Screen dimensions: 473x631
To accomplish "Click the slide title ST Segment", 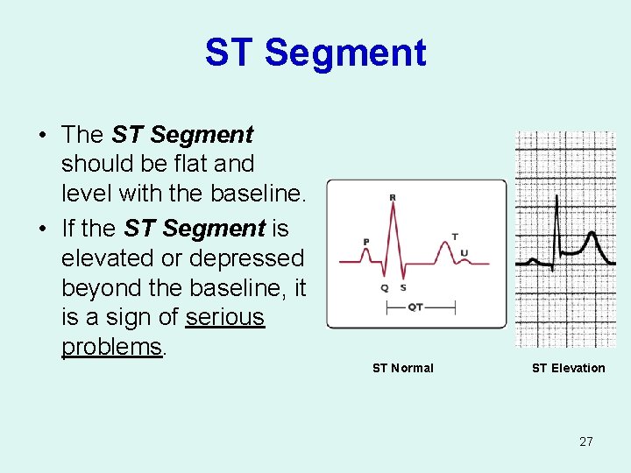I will pyautogui.click(x=315, y=53).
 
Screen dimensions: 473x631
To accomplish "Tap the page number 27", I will pyautogui.click(x=585, y=441).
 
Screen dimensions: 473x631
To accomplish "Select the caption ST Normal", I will pyautogui.click(x=402, y=368).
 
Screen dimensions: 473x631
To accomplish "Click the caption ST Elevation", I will pyautogui.click(x=568, y=368).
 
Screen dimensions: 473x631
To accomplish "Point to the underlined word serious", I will pyautogui.click(x=225, y=317).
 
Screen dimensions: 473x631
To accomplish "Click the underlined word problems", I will pyautogui.click(x=111, y=347).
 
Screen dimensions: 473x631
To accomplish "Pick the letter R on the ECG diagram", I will pyautogui.click(x=392, y=198).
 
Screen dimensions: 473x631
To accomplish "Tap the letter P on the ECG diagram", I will pyautogui.click(x=365, y=242).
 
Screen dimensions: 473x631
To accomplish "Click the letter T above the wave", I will pyautogui.click(x=454, y=236).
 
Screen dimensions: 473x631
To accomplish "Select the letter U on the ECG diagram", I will pyautogui.click(x=464, y=253).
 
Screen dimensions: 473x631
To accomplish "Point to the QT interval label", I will pyautogui.click(x=416, y=307).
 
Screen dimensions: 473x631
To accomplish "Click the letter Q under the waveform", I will pyautogui.click(x=384, y=287).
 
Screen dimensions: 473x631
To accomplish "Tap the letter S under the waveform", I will pyautogui.click(x=403, y=287).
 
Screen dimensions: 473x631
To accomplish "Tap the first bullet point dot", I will pyautogui.click(x=42, y=136).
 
